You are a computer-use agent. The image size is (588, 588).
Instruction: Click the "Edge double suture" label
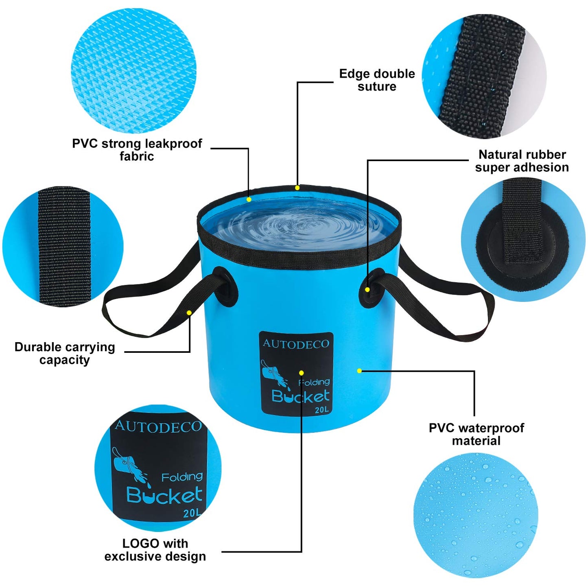tap(377, 80)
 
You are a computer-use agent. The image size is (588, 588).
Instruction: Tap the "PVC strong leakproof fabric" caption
tap(137, 150)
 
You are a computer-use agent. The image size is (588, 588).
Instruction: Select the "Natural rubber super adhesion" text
tap(522, 161)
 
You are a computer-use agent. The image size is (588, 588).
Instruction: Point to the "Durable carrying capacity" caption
tap(65, 353)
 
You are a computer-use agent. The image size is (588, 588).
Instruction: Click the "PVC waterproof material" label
tap(476, 434)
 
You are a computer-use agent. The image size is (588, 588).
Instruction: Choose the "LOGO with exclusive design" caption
tap(155, 550)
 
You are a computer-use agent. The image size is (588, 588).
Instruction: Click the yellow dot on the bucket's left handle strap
tap(189, 313)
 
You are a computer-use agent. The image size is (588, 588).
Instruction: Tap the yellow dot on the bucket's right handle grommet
tap(367, 290)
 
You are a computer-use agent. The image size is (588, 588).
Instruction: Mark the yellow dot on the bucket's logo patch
tap(301, 373)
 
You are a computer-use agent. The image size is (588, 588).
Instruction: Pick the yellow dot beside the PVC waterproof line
tap(359, 371)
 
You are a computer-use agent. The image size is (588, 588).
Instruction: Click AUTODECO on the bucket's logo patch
tap(296, 344)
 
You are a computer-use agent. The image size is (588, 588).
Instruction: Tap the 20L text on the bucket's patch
tap(321, 410)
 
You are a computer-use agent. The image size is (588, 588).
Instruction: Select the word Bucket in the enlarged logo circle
tap(164, 495)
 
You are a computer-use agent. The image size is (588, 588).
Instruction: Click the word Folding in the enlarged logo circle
tap(181, 477)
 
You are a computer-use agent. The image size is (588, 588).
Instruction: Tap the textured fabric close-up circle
tap(133, 72)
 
